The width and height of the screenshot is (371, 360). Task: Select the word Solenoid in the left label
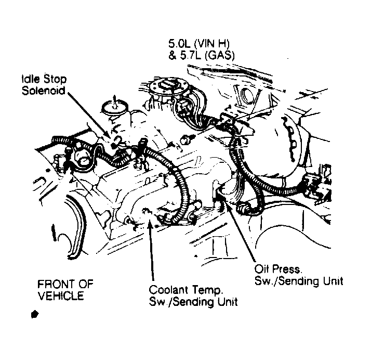point(43,91)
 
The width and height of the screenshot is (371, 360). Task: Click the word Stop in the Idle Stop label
point(56,79)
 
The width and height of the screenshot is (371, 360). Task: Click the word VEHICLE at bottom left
point(61,296)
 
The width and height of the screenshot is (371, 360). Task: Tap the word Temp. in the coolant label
point(207,290)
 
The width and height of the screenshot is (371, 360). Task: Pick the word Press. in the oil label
point(287,269)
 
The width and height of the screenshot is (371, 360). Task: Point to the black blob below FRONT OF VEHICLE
point(34,314)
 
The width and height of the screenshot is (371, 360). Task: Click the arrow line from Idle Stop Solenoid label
point(89,116)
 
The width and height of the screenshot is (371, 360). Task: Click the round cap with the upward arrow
point(115,107)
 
